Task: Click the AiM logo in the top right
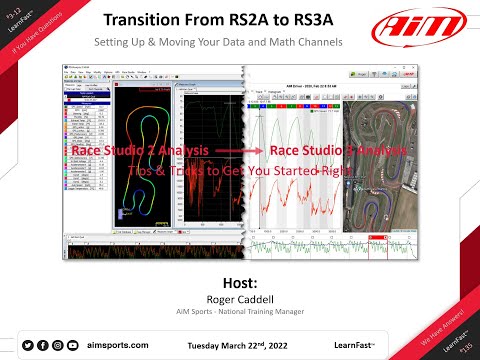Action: click(x=424, y=27)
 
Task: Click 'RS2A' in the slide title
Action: click(x=263, y=21)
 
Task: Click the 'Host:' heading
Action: click(x=240, y=283)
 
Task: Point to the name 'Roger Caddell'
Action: click(x=240, y=299)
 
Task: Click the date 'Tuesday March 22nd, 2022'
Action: click(x=248, y=345)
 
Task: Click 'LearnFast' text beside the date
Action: click(x=355, y=345)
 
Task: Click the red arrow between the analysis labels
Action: click(x=239, y=152)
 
